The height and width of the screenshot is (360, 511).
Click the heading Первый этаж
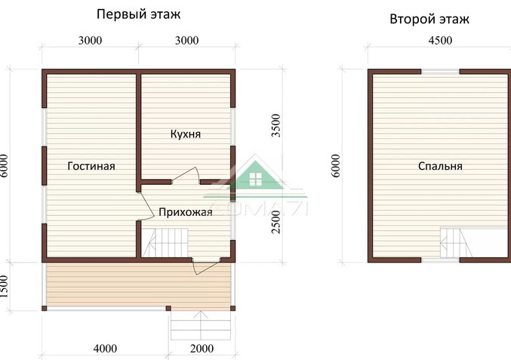(139, 14)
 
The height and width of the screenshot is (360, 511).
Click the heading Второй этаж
(429, 19)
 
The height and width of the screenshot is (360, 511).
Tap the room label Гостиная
(91, 166)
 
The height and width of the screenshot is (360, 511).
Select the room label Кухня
(184, 134)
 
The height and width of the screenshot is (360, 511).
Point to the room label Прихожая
(185, 212)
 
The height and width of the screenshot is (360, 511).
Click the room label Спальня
(439, 166)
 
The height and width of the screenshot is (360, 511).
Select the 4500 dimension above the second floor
(439, 41)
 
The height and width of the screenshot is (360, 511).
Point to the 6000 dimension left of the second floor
(336, 166)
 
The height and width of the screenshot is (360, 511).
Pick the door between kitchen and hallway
(186, 177)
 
